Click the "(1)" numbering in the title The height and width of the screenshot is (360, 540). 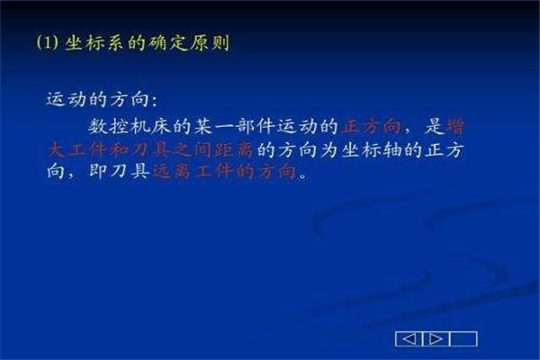(x=47, y=42)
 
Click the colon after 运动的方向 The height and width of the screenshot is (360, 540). (x=154, y=101)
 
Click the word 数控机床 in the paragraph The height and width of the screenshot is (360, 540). (x=130, y=126)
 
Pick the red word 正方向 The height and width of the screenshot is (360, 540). (x=372, y=126)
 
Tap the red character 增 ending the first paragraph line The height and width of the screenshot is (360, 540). (x=455, y=126)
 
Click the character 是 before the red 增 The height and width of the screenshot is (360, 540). (x=434, y=126)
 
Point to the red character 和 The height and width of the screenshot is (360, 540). (x=119, y=150)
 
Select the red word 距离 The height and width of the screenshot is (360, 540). (x=234, y=150)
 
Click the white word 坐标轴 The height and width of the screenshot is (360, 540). (x=371, y=150)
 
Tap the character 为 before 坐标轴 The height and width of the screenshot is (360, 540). (x=329, y=150)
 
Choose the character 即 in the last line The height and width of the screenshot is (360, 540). (x=98, y=171)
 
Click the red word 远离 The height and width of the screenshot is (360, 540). (x=171, y=171)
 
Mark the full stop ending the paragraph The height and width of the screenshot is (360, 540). (x=302, y=175)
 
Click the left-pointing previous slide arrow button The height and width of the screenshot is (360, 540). (x=409, y=339)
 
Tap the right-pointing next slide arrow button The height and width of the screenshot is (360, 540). (x=436, y=339)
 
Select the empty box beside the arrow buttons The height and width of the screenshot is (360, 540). (x=463, y=339)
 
